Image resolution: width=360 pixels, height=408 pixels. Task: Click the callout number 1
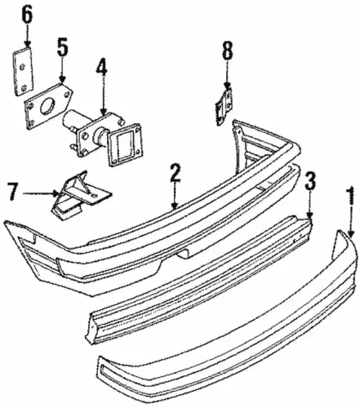351,195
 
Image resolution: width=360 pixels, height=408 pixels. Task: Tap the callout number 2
175,173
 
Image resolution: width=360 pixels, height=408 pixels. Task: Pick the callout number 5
62,47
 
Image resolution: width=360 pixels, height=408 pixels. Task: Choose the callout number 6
27,15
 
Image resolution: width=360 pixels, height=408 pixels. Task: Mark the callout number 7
13,192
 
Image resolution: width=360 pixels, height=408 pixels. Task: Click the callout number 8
228,51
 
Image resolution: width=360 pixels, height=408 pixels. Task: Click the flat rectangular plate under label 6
23,71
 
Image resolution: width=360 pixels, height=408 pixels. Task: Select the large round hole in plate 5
47,105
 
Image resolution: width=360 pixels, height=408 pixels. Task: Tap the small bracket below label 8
224,107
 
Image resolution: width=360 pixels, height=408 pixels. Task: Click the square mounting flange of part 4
125,144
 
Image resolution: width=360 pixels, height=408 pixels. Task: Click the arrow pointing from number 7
41,193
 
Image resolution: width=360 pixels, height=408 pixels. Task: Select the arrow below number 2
175,196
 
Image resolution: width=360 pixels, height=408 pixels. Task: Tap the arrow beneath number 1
351,221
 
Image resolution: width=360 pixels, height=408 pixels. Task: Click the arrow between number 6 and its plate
27,36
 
